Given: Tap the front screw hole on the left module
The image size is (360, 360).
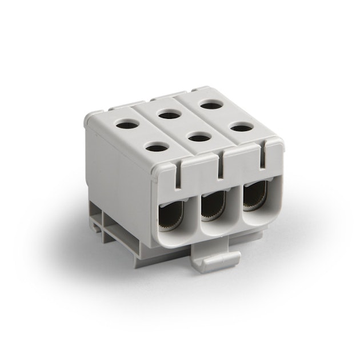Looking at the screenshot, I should [157, 147].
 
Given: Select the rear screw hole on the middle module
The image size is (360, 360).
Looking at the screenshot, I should [170, 114].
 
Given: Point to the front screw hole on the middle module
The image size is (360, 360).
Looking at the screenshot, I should [198, 137].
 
